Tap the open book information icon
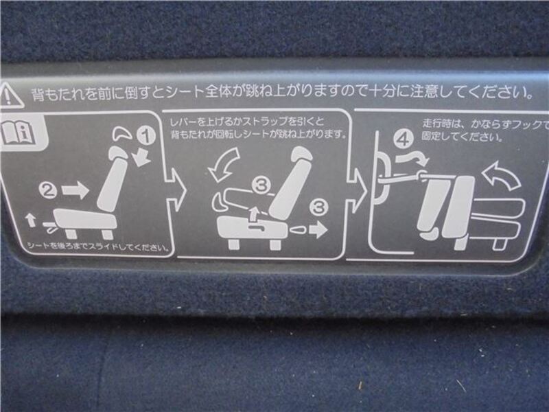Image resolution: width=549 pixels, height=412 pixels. [x=19, y=133]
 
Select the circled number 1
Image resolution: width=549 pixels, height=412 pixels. [x=145, y=135]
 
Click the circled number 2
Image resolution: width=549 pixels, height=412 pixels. [x=48, y=190]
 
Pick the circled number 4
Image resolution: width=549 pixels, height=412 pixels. [x=404, y=139]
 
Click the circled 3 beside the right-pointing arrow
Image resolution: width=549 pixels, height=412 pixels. [x=318, y=207]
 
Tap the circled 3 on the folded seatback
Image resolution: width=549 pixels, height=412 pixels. [x=261, y=185]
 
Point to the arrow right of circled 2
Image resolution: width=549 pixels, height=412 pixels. [x=75, y=190]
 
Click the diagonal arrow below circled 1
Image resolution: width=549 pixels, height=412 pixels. [x=143, y=158]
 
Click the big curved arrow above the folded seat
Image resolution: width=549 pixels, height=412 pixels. [x=502, y=176]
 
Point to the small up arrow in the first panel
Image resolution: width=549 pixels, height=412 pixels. [x=31, y=220]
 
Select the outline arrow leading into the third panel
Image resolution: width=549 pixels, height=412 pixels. [x=357, y=190]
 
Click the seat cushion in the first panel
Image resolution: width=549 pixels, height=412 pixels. [x=84, y=219]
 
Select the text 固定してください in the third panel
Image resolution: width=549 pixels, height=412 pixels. [x=462, y=136]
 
